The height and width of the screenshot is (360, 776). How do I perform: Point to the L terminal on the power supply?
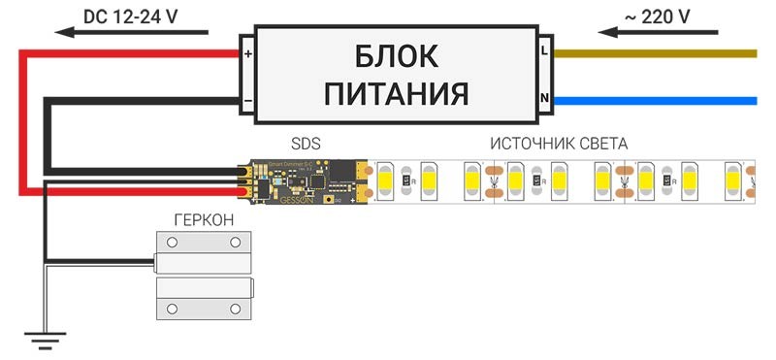(x=545, y=46)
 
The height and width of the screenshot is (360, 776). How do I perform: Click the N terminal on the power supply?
(x=545, y=99)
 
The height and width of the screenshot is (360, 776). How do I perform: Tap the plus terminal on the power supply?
(x=246, y=53)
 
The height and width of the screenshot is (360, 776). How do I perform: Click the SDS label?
(x=306, y=144)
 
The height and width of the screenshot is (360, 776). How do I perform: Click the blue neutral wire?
(x=669, y=100)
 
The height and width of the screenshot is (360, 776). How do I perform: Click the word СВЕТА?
(x=603, y=144)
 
